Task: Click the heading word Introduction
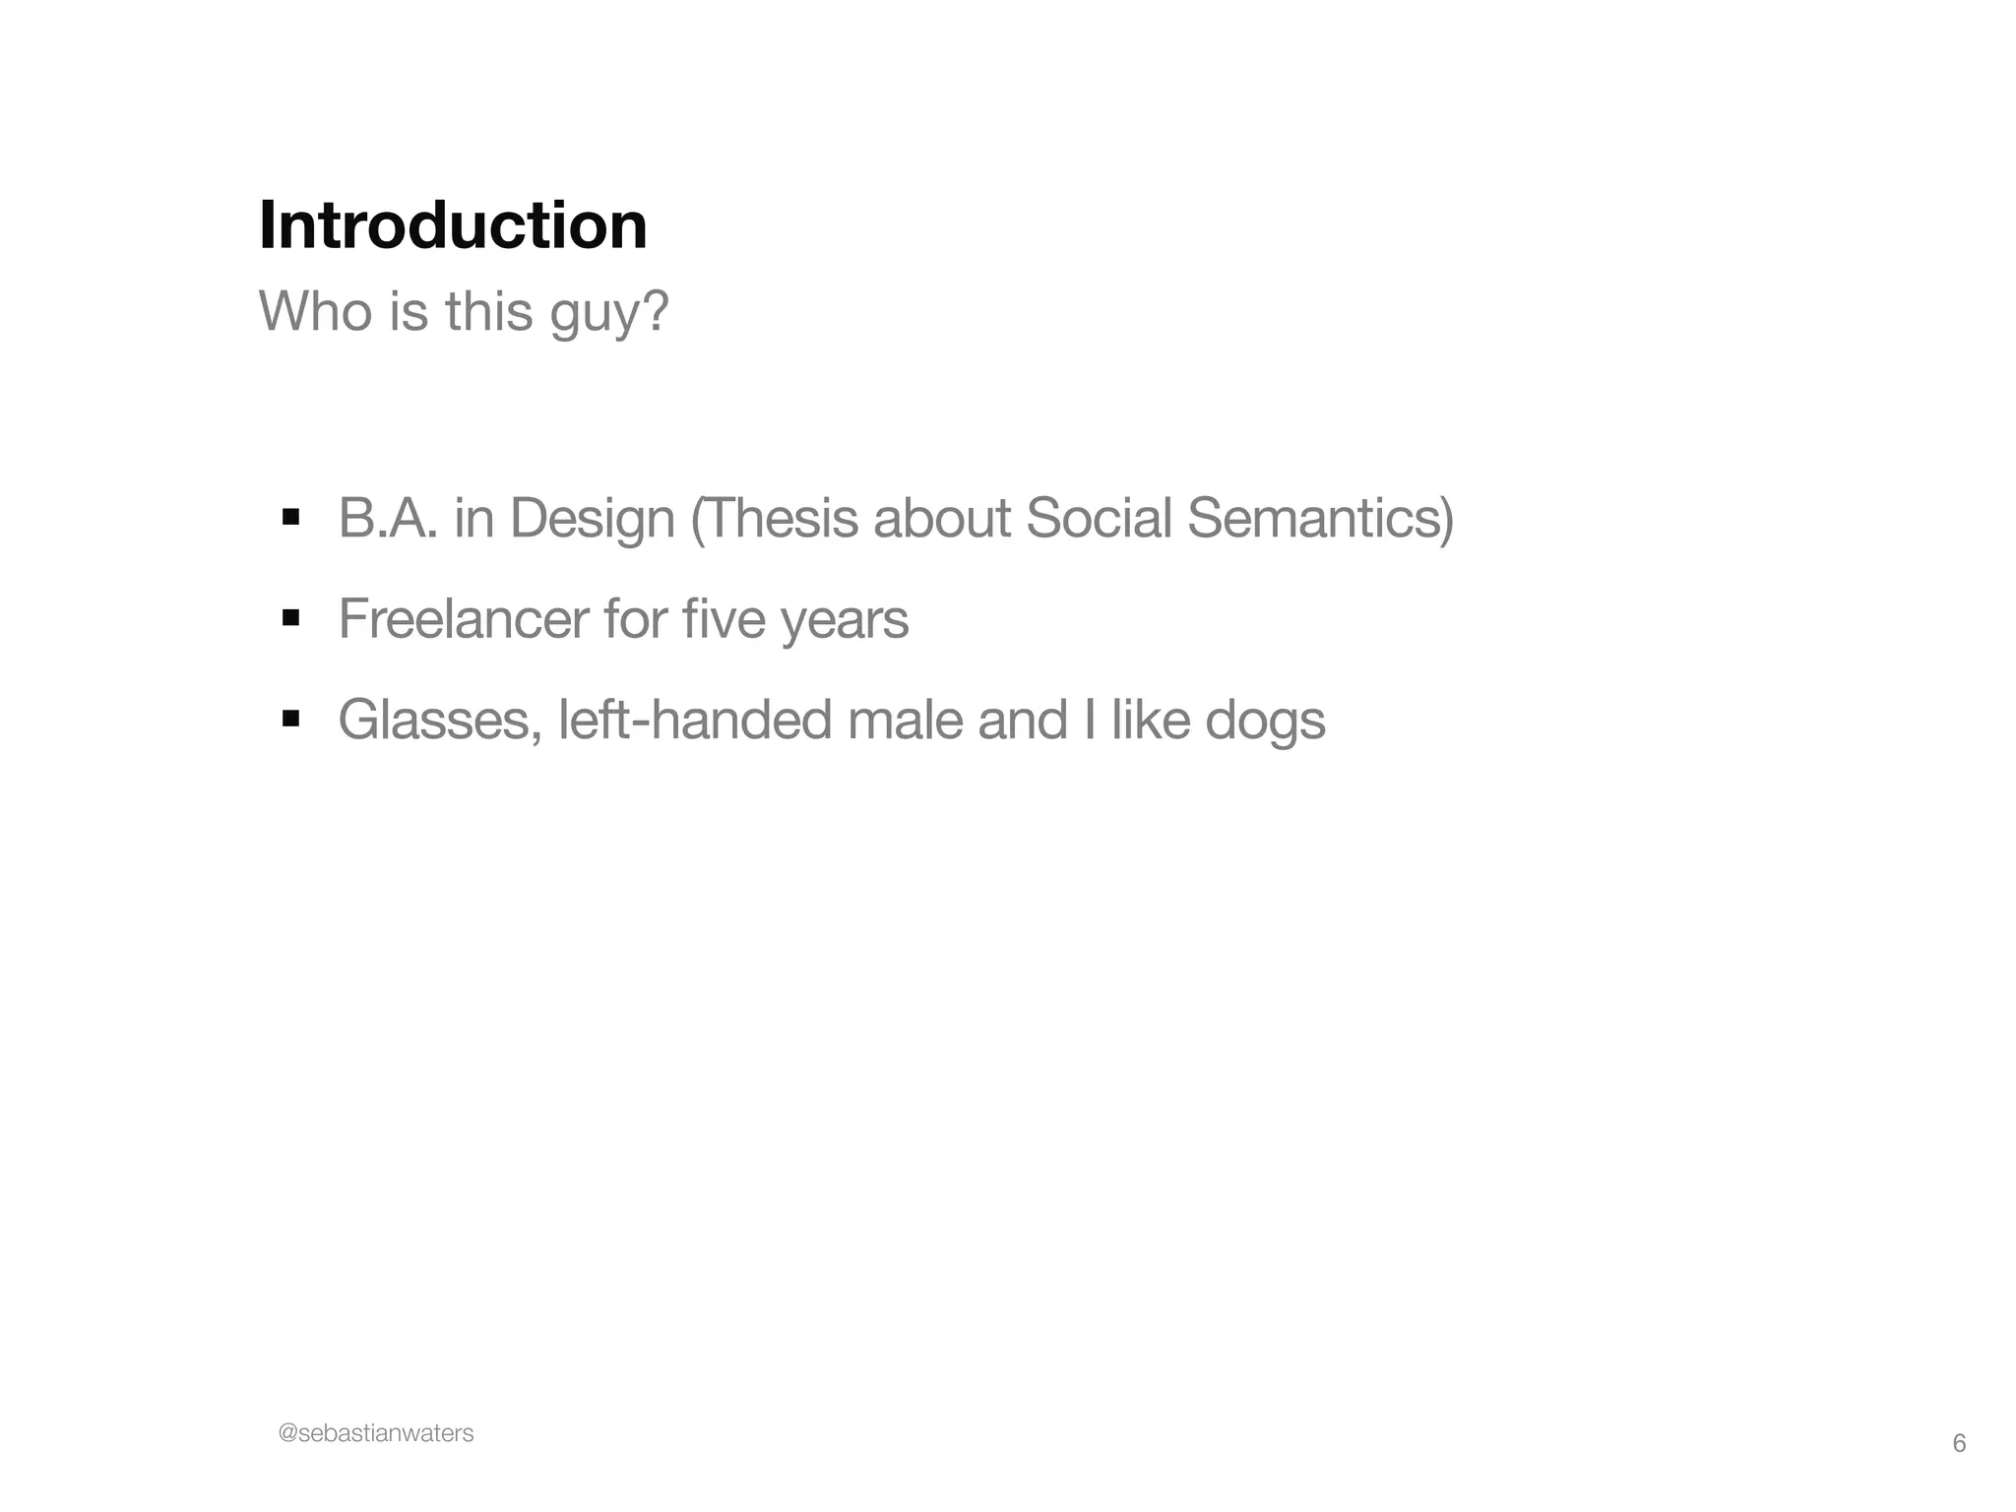click(453, 225)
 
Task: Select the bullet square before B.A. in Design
click(290, 518)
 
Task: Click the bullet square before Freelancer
click(290, 618)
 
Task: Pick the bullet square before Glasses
click(290, 719)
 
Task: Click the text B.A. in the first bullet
click(388, 518)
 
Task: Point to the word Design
click(593, 518)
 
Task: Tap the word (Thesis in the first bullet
click(774, 518)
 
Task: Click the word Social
click(1099, 518)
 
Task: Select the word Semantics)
click(1320, 518)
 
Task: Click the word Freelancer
click(463, 618)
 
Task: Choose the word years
click(845, 618)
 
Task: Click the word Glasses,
click(440, 719)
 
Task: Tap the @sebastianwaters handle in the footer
click(376, 1433)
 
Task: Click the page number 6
click(1959, 1443)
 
